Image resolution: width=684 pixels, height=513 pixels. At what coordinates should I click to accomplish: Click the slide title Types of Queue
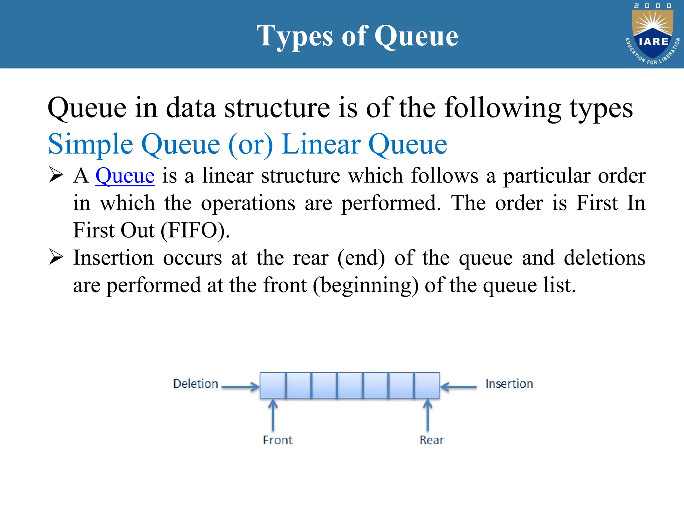click(357, 36)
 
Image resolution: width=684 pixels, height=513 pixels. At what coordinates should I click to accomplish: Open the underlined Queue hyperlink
click(125, 176)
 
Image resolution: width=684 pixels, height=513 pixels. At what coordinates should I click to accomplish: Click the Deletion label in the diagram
click(195, 384)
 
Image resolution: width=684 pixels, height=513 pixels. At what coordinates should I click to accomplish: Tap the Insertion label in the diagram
click(509, 384)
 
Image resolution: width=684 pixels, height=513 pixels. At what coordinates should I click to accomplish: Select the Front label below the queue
click(278, 440)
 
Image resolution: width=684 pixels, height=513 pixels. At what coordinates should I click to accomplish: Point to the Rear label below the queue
click(432, 440)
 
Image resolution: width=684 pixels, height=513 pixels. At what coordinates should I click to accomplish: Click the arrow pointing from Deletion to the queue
click(240, 387)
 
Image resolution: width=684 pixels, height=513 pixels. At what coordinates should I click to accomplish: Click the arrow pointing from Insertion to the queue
click(459, 387)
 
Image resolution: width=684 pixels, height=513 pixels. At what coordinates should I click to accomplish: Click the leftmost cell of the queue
click(273, 385)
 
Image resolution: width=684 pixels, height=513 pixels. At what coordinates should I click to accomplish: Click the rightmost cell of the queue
click(427, 385)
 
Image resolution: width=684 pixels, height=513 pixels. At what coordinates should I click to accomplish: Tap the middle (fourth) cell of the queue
click(350, 385)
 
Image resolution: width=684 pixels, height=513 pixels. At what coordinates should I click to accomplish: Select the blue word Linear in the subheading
click(321, 144)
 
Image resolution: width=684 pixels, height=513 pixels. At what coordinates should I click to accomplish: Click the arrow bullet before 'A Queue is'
click(56, 175)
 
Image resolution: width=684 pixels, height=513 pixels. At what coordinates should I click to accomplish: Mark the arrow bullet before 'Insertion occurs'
click(56, 257)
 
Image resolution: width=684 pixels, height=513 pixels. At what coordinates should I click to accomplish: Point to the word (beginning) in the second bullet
click(366, 286)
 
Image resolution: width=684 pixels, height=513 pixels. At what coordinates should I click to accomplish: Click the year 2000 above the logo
click(653, 6)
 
